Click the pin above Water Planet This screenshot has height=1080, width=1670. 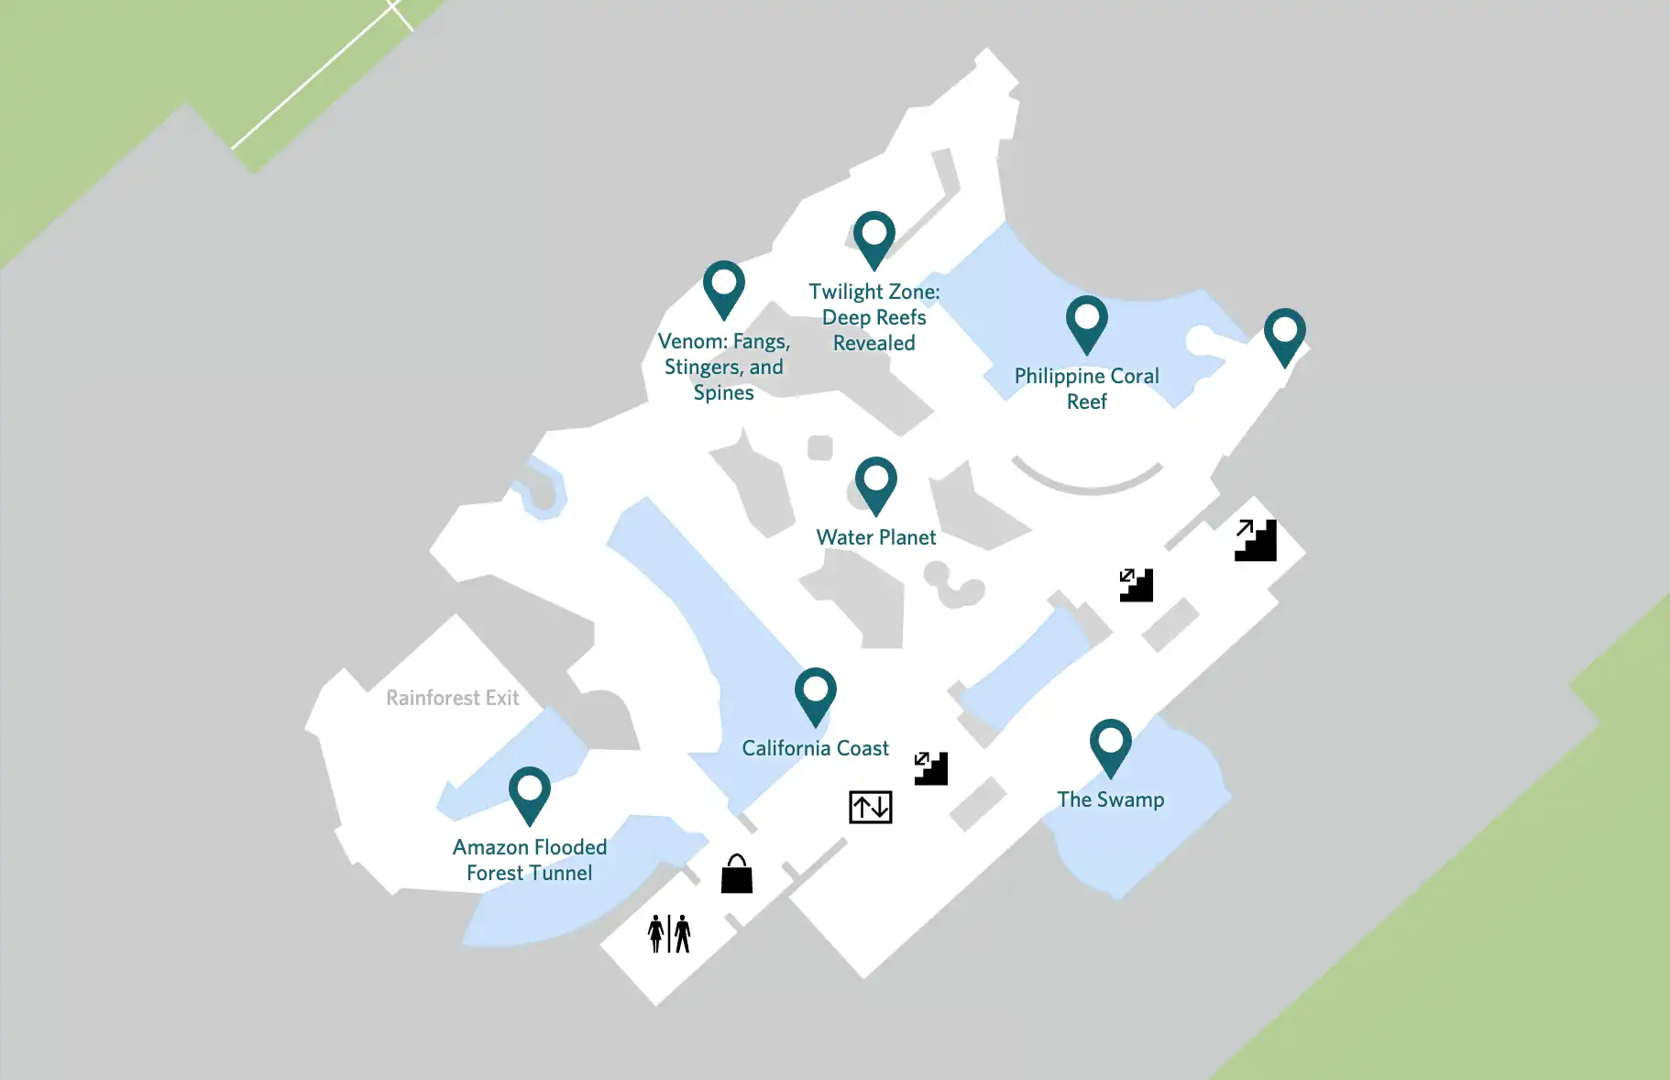point(875,482)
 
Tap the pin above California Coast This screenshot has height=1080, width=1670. point(815,693)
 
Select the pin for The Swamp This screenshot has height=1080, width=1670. point(1110,744)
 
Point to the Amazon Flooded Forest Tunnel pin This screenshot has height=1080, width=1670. point(529,792)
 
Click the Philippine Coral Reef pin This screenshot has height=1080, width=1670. point(1086,322)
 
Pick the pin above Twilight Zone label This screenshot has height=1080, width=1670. point(873,237)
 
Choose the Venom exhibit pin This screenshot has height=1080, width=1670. point(723,286)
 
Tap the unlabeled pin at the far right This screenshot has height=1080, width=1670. point(1284,334)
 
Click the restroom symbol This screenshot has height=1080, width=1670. point(669,933)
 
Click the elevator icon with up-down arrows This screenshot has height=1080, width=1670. point(870,807)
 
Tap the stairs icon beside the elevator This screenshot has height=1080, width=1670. point(930,768)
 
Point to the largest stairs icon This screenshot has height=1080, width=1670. point(1255,540)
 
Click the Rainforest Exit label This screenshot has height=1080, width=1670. point(452,698)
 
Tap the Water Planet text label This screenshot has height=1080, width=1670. point(875,537)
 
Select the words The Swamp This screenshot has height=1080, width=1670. point(1110,799)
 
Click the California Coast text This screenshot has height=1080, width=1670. point(815,748)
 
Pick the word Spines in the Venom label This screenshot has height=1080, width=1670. point(723,392)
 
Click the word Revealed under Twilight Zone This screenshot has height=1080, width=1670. point(873,343)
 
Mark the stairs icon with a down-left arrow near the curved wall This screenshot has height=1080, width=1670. point(1136,585)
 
